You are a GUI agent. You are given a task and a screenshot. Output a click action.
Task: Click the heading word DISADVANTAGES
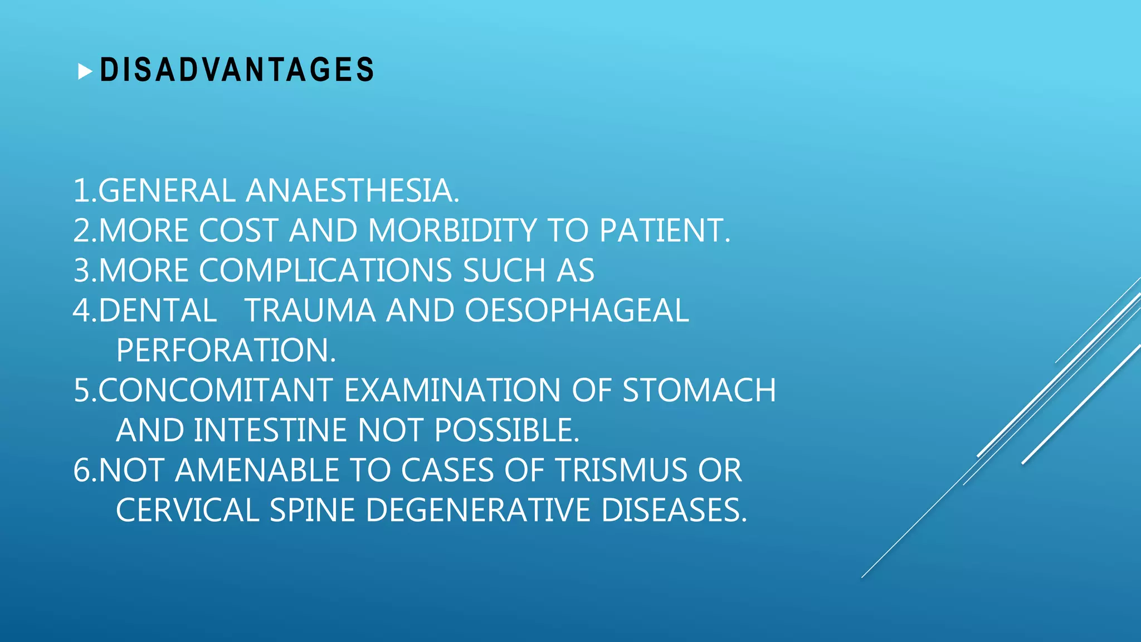click(237, 70)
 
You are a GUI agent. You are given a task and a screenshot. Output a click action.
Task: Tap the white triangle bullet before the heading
click(85, 71)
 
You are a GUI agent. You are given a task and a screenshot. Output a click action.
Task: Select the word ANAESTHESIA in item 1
click(352, 191)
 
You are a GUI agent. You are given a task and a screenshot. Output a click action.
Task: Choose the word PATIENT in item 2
click(664, 231)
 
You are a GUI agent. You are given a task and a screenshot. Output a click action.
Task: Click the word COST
click(238, 231)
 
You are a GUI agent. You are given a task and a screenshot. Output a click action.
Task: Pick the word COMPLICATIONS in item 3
click(325, 271)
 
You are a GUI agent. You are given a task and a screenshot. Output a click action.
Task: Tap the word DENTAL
click(158, 310)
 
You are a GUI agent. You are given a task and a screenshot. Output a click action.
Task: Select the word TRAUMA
click(310, 310)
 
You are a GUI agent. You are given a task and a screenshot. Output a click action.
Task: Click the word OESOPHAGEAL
click(577, 310)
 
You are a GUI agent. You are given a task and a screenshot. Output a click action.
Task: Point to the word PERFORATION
click(226, 351)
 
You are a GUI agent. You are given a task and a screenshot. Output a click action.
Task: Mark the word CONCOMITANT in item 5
click(216, 390)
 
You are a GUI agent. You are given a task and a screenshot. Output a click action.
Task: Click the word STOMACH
click(699, 390)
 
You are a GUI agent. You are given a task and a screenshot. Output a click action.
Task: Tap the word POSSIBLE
click(506, 430)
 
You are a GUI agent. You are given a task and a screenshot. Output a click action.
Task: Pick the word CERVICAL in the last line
click(187, 510)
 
